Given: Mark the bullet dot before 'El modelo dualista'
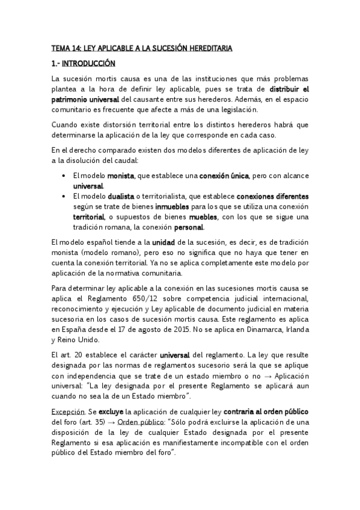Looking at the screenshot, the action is coord(64,196).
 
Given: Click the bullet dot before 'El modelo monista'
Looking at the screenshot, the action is coord(64,176).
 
